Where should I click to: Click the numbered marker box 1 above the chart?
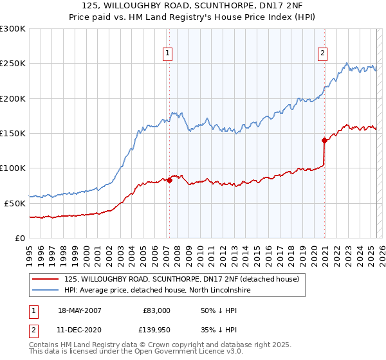point(167,53)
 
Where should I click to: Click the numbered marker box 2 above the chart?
point(322,53)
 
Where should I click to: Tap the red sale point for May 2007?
point(169,180)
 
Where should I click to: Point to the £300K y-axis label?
point(13,29)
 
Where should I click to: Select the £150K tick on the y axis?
point(13,133)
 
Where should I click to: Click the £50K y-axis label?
point(15,203)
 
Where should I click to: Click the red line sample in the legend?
point(46,280)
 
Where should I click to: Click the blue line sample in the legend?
point(46,291)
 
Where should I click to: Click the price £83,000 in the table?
point(156,310)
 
